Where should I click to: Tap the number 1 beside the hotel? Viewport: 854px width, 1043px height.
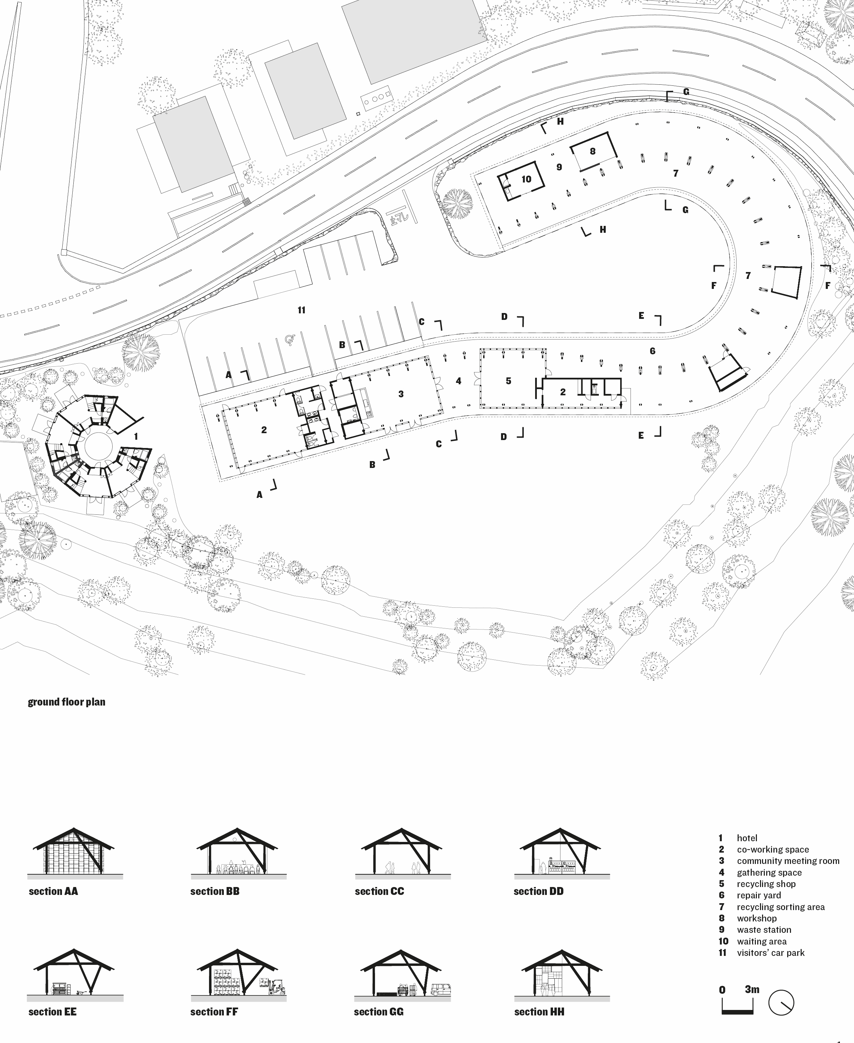coord(136,436)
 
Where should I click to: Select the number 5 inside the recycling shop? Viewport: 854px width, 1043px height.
coord(508,381)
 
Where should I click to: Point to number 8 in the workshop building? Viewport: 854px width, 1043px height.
coord(592,151)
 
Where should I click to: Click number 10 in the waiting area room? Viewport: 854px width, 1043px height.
coord(527,179)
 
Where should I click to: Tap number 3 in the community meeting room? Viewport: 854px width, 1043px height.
coord(401,394)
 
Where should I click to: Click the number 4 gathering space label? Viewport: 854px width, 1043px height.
coord(458,381)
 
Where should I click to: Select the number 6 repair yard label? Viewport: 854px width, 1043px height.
coord(652,351)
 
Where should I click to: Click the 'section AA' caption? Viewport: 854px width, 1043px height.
coord(53,891)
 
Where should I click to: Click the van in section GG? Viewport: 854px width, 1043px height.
coord(441,989)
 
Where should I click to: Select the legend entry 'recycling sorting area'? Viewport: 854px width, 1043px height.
coord(780,907)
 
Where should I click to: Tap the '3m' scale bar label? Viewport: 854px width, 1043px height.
coord(752,989)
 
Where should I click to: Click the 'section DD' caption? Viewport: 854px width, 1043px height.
coord(538,891)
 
